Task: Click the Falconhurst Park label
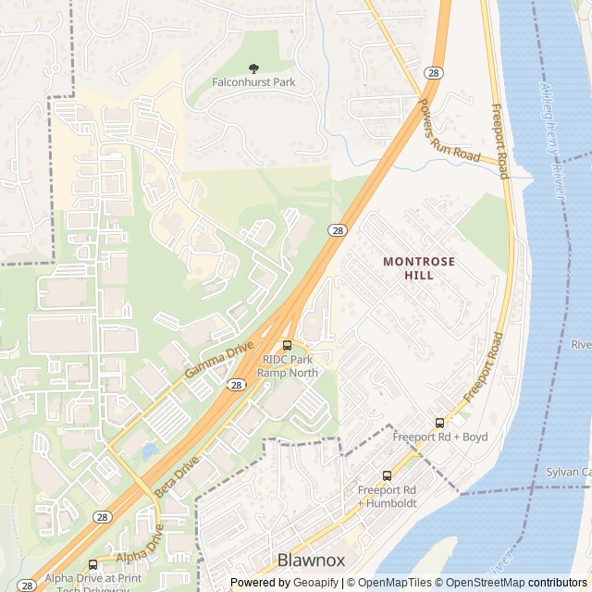pos(253,82)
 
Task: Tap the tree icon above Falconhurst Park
pos(254,68)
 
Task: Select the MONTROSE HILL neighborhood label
pos(419,268)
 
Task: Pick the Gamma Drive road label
pos(218,359)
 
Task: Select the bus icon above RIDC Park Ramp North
pos(287,346)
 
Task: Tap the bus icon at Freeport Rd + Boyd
pos(439,424)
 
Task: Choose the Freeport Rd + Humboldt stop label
pos(387,496)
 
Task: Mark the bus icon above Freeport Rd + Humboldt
pos(387,475)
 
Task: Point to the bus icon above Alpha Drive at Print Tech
pos(92,564)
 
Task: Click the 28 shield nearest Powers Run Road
pos(433,73)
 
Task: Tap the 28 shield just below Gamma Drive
pos(237,384)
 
